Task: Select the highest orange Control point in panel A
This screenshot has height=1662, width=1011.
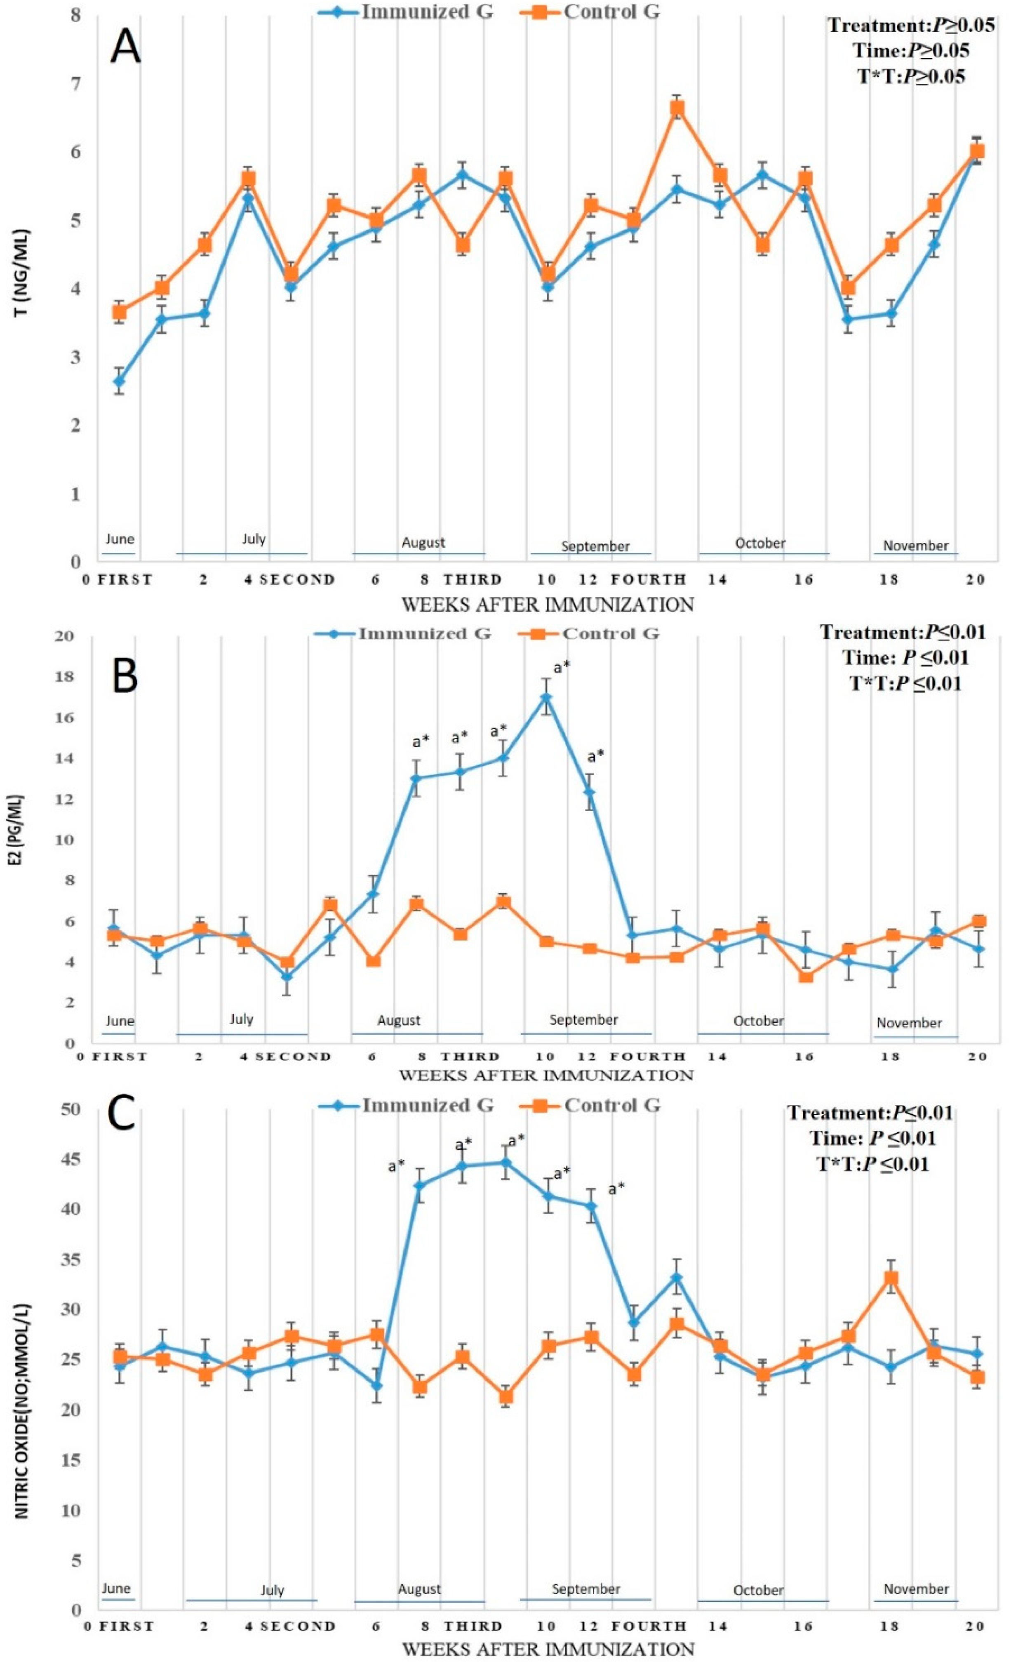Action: (x=677, y=108)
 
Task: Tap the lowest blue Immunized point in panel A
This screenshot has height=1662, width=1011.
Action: (x=119, y=381)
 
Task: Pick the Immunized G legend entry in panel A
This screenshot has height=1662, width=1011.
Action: (x=404, y=12)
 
